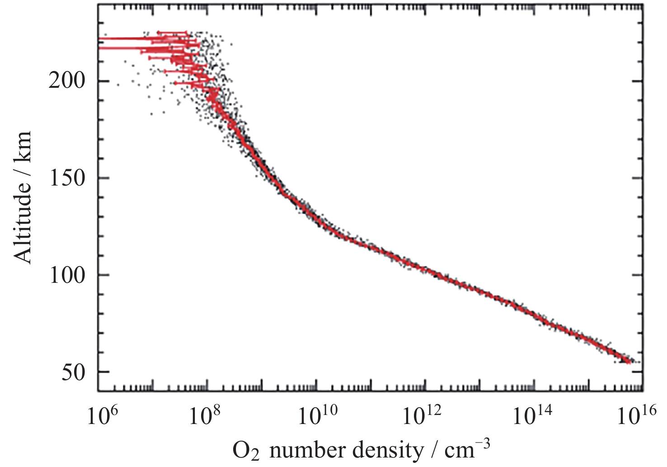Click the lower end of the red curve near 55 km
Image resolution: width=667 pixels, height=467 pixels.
tap(628, 361)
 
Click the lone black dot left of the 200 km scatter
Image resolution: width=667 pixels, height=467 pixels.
tap(118, 84)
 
